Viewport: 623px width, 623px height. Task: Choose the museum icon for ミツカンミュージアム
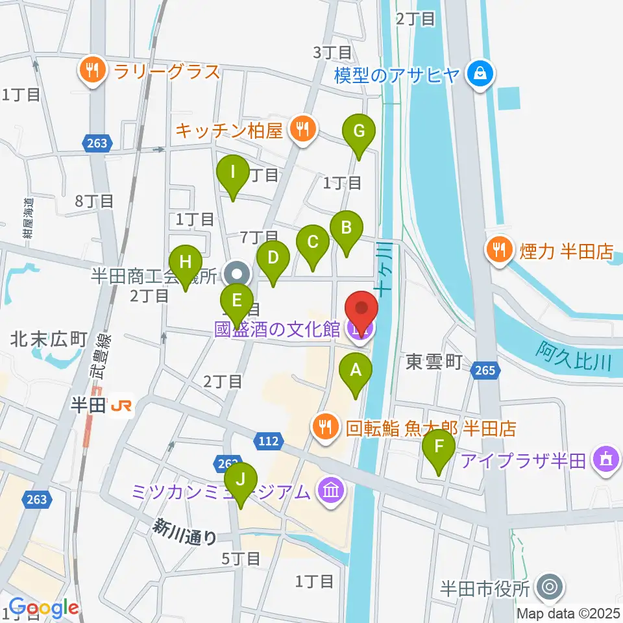(331, 492)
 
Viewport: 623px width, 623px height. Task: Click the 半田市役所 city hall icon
(549, 589)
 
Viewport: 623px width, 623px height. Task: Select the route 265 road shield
(487, 370)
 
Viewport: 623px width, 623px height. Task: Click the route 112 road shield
(271, 441)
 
